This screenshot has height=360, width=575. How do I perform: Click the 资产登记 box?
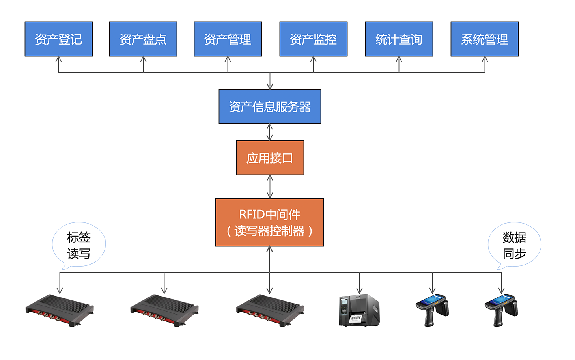pos(59,39)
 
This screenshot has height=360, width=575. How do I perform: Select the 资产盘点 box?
pos(143,39)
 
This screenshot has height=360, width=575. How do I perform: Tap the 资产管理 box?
pos(228,39)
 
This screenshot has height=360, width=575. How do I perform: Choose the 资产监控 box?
pos(314,39)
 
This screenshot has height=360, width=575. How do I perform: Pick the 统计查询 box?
pos(399,39)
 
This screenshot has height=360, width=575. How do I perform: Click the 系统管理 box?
pos(485,39)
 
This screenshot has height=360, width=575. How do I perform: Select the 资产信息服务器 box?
pos(270,106)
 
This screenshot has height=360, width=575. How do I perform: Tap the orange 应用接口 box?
pos(270,158)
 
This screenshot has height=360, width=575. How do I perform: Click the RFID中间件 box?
pos(269,222)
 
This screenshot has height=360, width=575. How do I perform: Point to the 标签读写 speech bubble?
pos(79,245)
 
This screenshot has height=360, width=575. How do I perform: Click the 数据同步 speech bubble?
pos(514,245)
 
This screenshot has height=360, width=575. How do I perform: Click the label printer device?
pos(359,310)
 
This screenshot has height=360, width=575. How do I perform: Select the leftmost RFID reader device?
pos(60,310)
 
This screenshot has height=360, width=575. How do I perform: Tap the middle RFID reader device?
pos(164,310)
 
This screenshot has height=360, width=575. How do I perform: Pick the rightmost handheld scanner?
pos(501,310)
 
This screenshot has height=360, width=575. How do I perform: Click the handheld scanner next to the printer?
pos(432,310)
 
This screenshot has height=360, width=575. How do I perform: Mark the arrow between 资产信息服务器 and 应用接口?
pos(270,132)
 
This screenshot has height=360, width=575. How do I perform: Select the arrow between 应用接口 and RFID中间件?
pos(270,187)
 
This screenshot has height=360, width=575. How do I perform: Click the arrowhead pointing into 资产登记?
pos(59,60)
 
